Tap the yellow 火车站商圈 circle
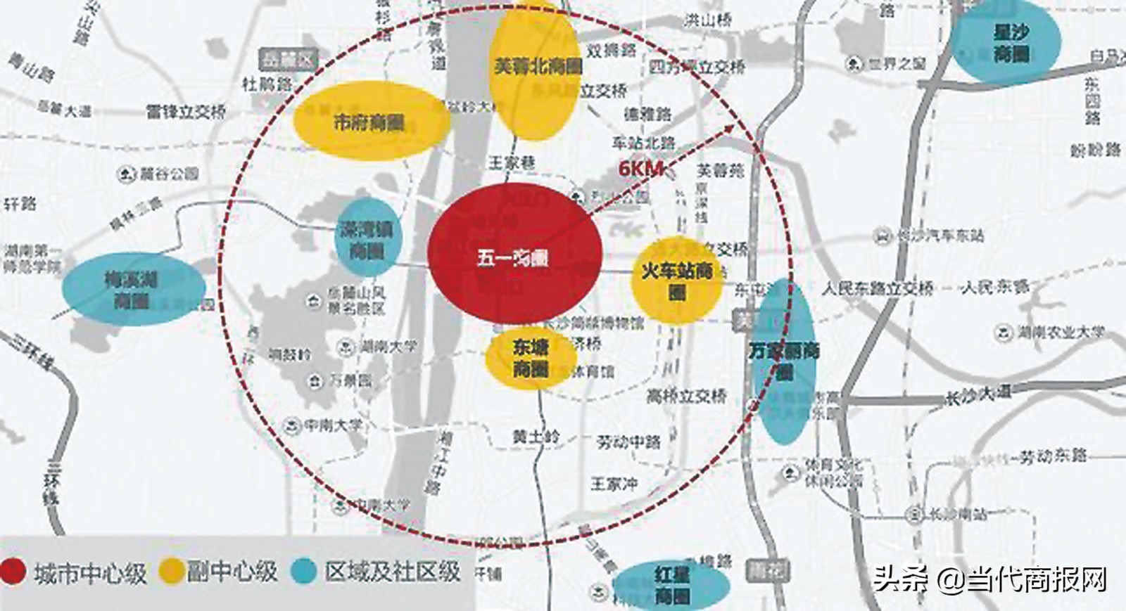677,280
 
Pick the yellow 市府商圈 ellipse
370,122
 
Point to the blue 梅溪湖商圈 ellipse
132,289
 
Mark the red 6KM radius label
640,169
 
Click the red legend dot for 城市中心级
12,572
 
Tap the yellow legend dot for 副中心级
171,571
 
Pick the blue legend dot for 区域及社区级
305,571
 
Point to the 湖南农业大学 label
1061,333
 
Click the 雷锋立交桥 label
186,111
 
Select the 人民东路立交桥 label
878,288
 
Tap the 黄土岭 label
536,437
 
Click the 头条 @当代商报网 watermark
989,580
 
